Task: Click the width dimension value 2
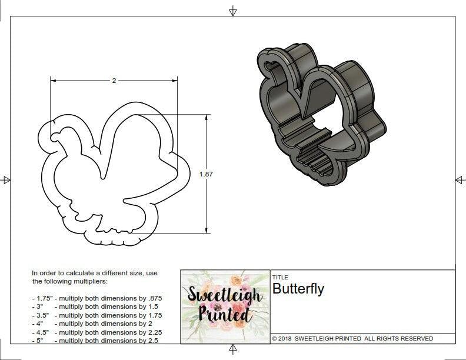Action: click(x=114, y=80)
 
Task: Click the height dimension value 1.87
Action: click(x=206, y=174)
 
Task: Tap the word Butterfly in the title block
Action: click(x=298, y=289)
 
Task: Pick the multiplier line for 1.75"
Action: click(x=96, y=298)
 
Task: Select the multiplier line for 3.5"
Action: click(x=96, y=315)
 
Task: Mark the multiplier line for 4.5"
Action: click(x=96, y=332)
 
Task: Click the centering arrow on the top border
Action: click(x=233, y=11)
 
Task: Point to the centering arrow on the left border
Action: click(x=6, y=179)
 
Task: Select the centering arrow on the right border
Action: click(x=460, y=179)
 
